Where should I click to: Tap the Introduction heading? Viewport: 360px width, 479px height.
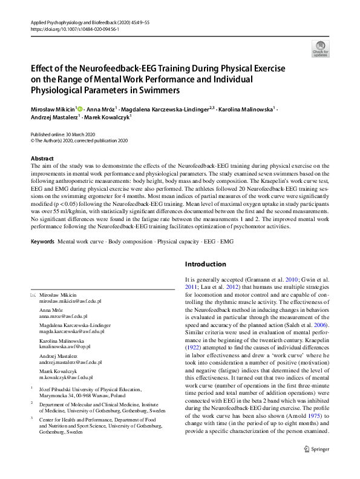(x=205, y=264)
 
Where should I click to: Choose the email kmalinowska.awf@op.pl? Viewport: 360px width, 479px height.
(x=65, y=348)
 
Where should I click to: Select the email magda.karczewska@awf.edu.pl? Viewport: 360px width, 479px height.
(x=72, y=332)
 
